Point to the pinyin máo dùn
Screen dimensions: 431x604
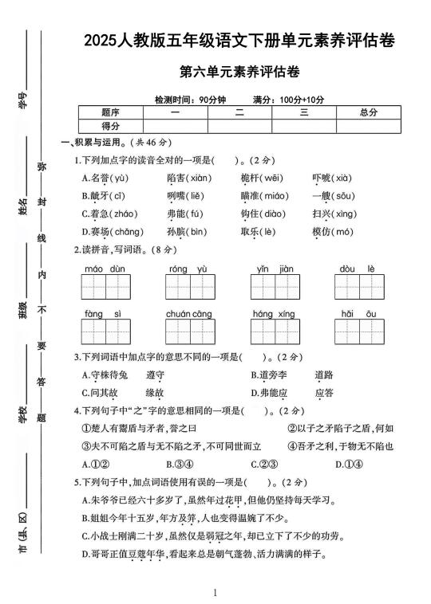point(105,269)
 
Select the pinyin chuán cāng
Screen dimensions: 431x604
point(189,314)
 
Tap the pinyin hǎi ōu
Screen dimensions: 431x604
point(358,314)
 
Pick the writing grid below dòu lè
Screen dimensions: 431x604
point(358,288)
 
